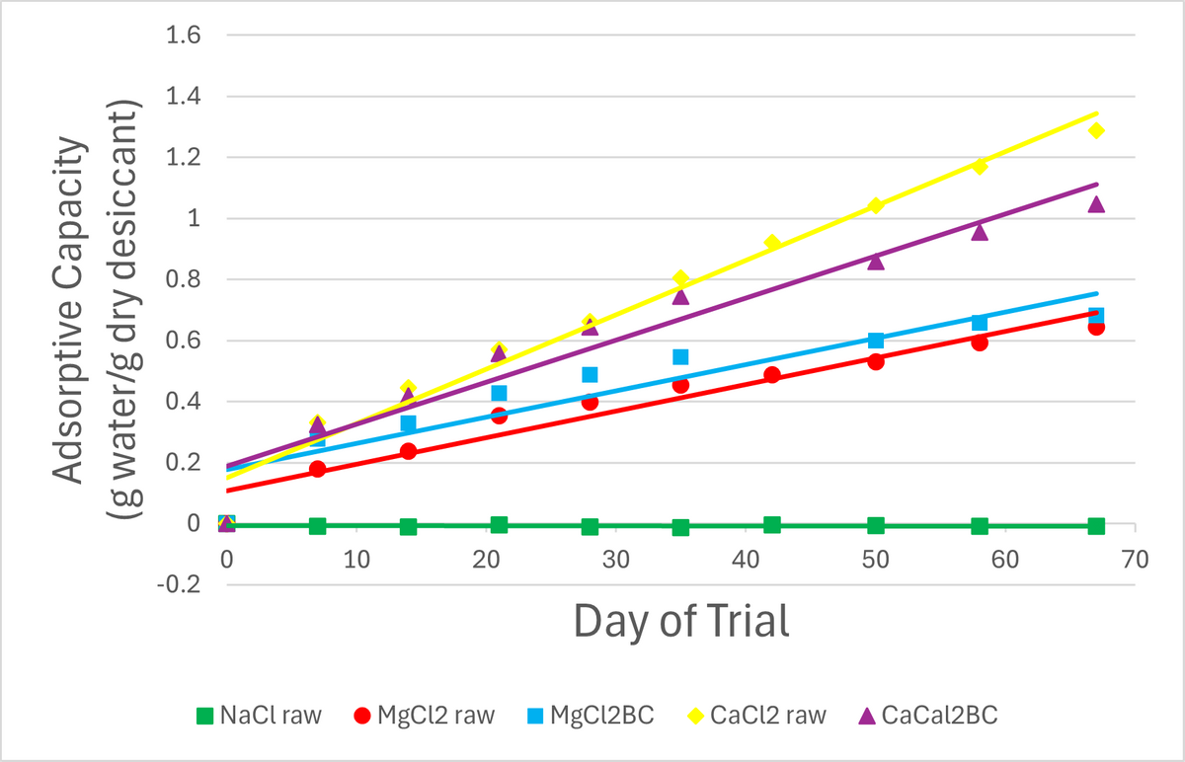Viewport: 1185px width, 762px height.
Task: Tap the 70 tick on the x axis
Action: [x=1135, y=560]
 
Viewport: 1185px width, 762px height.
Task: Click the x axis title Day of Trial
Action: [x=681, y=622]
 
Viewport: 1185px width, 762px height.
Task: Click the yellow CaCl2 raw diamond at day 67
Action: [x=1096, y=130]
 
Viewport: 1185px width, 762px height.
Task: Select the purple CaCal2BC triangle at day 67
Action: [x=1096, y=203]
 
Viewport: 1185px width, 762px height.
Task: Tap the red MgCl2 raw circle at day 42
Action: [x=772, y=375]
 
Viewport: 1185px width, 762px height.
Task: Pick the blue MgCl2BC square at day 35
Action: [x=680, y=356]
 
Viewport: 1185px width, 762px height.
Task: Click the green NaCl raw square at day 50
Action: [x=876, y=525]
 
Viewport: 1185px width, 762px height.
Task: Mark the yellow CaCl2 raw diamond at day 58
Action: [x=980, y=166]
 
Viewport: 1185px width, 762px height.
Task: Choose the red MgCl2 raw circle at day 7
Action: [x=317, y=469]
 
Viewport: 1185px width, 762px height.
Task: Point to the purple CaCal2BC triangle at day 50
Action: [x=876, y=261]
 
